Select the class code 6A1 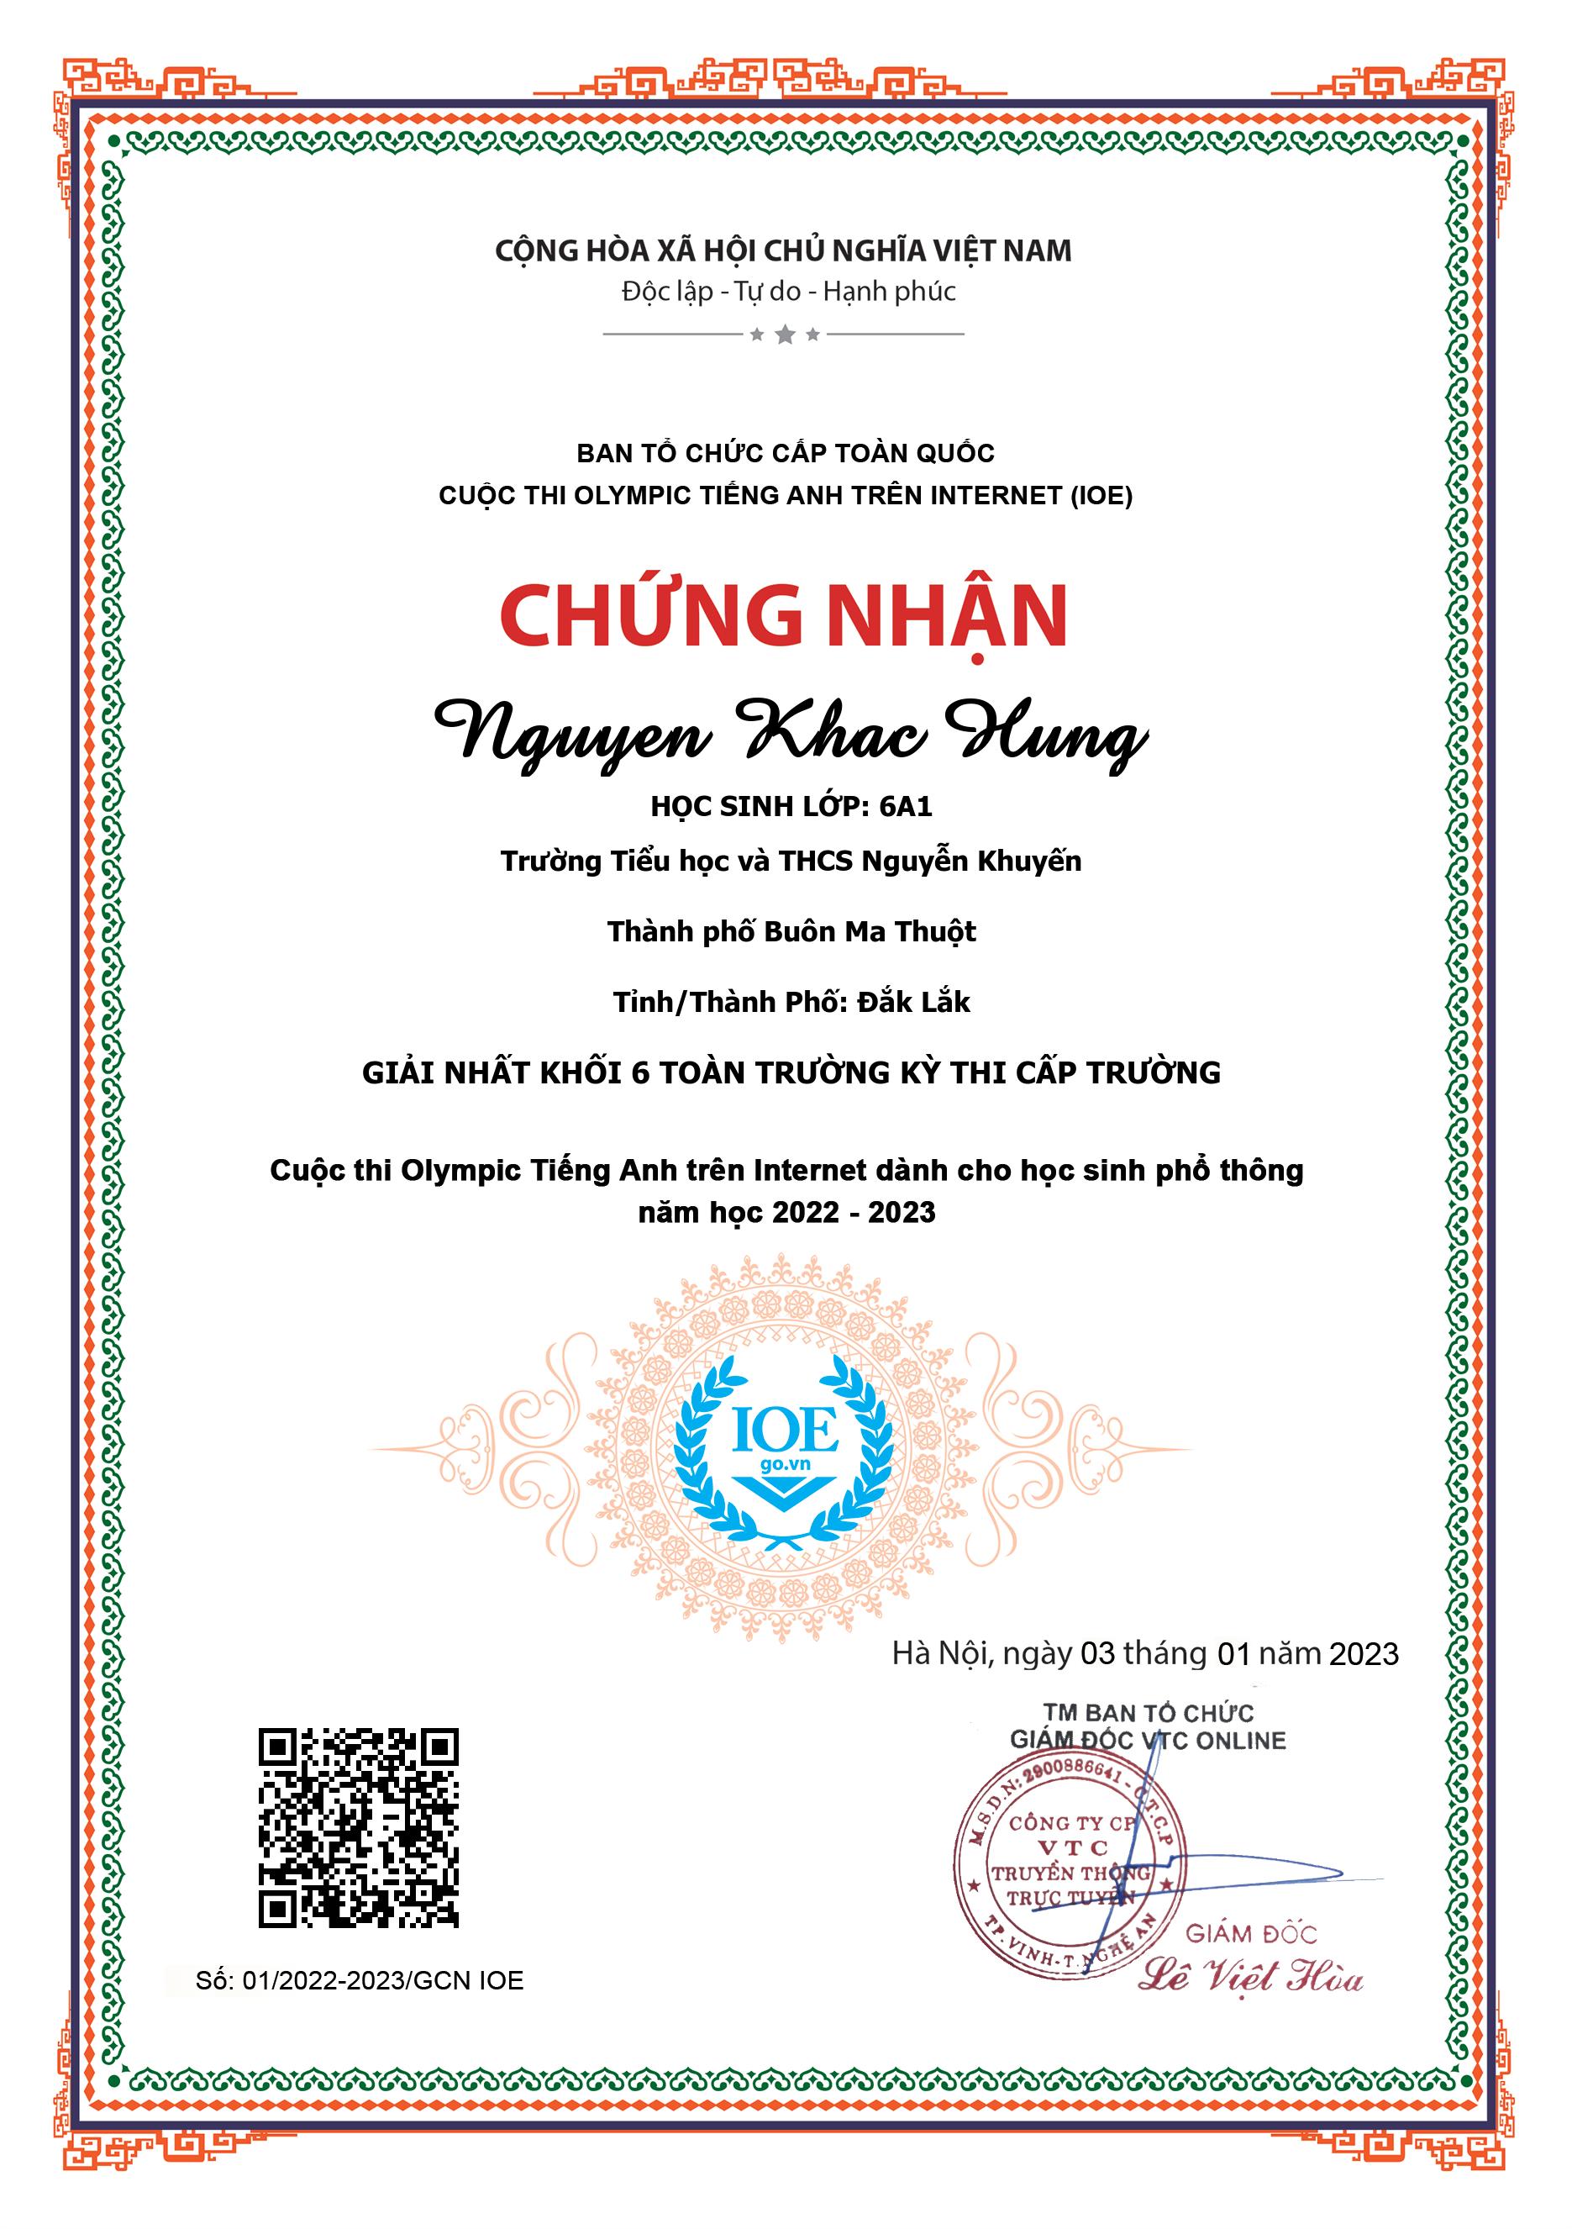[x=906, y=807]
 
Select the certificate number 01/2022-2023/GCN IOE [x=383, y=1980]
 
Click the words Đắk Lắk [x=914, y=1002]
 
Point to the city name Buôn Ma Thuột [x=870, y=932]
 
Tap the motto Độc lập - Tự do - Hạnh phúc [x=789, y=292]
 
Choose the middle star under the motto [x=785, y=335]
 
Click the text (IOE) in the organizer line [x=1101, y=496]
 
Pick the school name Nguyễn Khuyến [x=971, y=862]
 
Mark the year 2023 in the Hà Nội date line [x=1364, y=1654]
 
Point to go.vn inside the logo [x=785, y=1463]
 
